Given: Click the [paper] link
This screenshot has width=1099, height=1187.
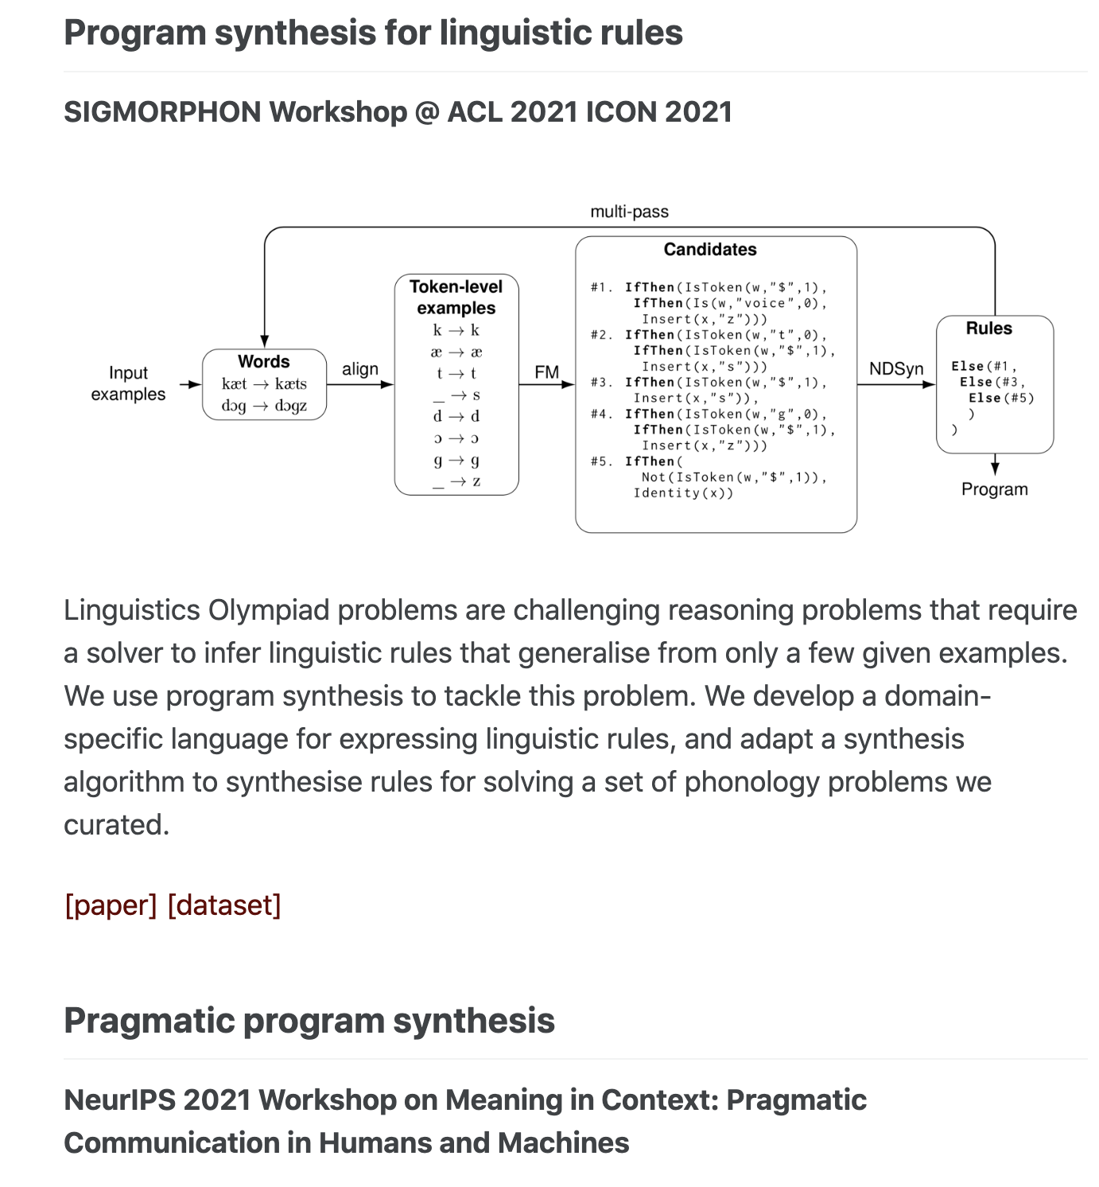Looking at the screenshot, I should point(111,905).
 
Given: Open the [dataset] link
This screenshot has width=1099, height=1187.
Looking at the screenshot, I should point(224,905).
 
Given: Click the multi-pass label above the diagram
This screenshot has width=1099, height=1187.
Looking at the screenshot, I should point(629,212).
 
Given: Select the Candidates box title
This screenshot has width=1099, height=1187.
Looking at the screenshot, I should point(710,250).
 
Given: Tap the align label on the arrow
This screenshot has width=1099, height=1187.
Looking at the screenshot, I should point(360,369).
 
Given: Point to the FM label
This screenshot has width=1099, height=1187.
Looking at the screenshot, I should point(547,372).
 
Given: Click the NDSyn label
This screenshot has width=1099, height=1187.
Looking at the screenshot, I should point(896,369).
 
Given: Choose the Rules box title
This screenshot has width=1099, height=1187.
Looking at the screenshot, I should point(989,329).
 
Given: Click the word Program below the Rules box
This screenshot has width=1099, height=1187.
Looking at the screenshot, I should point(994,489).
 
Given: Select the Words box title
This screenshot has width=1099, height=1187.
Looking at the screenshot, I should point(264,362).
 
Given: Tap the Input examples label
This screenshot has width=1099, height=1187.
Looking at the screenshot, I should point(128,383).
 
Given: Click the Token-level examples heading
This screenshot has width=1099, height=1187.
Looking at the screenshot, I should point(456,298).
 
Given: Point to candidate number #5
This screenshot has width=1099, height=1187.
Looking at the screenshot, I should point(601,461).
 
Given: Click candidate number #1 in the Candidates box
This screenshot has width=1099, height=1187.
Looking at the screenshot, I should point(601,287).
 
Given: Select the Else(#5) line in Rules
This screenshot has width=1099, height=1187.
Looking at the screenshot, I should point(1001,398).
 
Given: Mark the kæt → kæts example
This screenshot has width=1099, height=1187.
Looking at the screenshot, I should point(264,384).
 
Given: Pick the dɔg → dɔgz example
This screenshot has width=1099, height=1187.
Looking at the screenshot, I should point(264,406).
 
